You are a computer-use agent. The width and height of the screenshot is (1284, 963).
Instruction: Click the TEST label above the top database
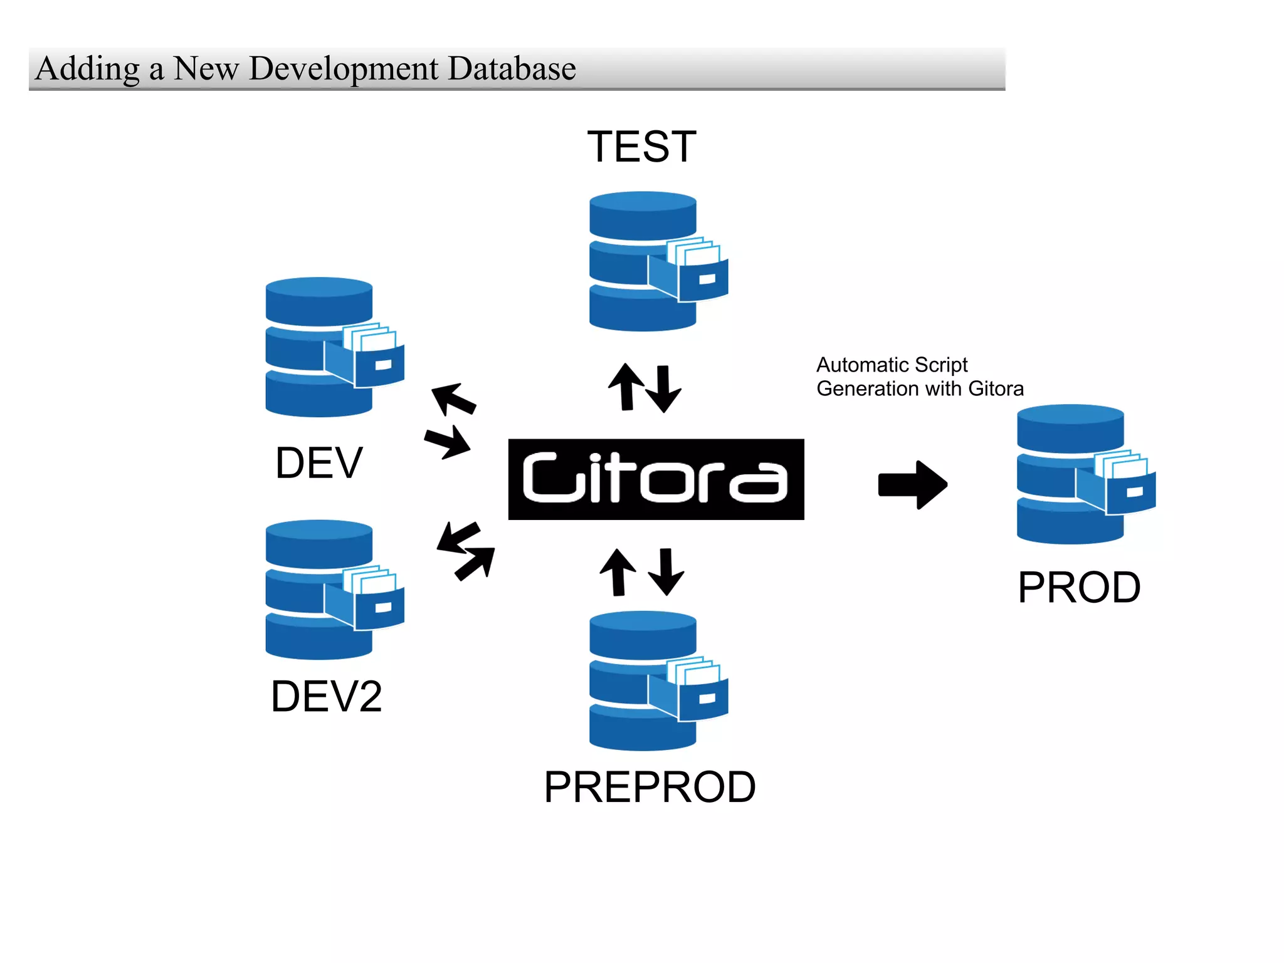pos(641,147)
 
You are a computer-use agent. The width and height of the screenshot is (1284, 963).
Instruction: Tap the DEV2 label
pos(326,697)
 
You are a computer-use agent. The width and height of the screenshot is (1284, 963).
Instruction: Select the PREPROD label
pos(650,787)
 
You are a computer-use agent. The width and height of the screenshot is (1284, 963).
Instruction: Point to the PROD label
pos(1078,588)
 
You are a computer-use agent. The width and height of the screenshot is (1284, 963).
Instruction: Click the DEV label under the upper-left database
pos(318,463)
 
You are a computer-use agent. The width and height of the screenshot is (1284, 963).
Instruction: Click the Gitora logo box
pos(656,479)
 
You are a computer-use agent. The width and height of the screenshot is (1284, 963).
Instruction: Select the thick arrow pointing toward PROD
pos(912,484)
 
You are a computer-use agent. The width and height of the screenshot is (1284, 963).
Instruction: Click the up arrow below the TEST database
pos(626,387)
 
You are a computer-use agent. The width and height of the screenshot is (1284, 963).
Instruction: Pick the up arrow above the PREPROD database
pos(618,571)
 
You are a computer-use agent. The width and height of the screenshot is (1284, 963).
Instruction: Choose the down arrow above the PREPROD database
pos(666,571)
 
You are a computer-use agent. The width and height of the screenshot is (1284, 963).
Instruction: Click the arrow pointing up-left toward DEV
pos(453,398)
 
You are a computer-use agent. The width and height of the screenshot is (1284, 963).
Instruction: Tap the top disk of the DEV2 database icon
pos(318,542)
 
